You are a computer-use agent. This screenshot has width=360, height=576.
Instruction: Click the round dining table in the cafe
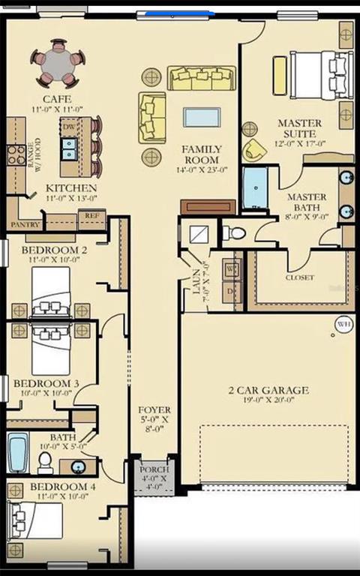tap(58, 63)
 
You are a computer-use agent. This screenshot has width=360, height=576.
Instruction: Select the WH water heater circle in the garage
tap(343, 325)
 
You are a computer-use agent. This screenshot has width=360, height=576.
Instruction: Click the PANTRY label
tap(24, 224)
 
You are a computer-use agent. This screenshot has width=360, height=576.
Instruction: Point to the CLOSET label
tap(299, 277)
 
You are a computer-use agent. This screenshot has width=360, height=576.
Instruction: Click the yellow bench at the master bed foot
tap(280, 76)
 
